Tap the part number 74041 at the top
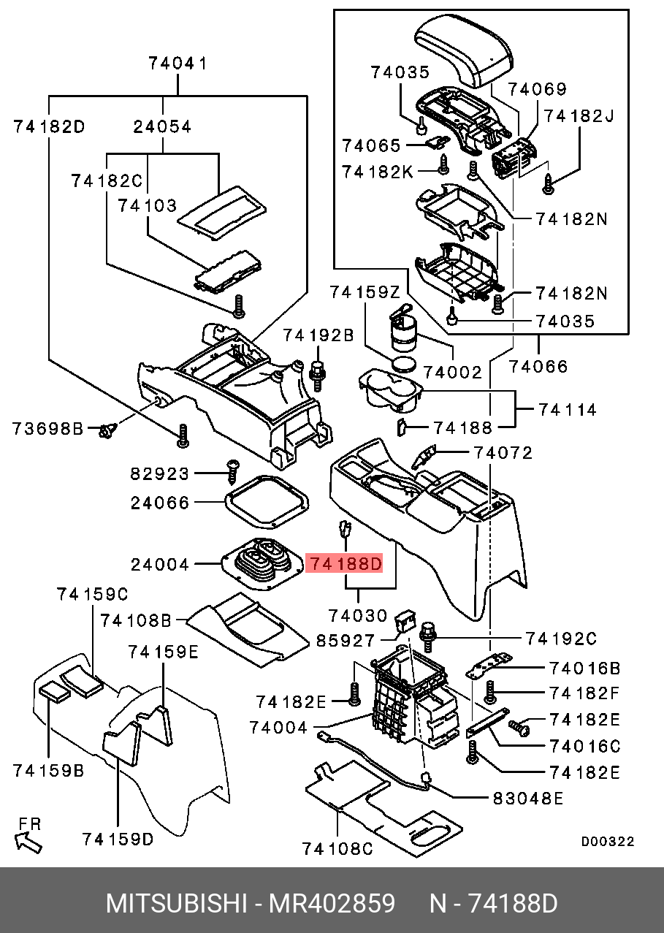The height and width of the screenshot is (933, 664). click(178, 64)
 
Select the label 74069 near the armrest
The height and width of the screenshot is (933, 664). click(538, 89)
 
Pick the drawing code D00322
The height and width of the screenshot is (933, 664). click(607, 842)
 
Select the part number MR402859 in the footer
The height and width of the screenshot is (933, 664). click(332, 904)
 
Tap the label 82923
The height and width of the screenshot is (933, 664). click(160, 473)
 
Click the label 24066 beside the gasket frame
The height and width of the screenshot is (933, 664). click(160, 503)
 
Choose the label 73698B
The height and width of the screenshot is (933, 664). click(48, 428)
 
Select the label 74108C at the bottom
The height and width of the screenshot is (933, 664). click(337, 848)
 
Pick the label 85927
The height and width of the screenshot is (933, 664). click(345, 640)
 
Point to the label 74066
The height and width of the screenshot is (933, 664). click(538, 366)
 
